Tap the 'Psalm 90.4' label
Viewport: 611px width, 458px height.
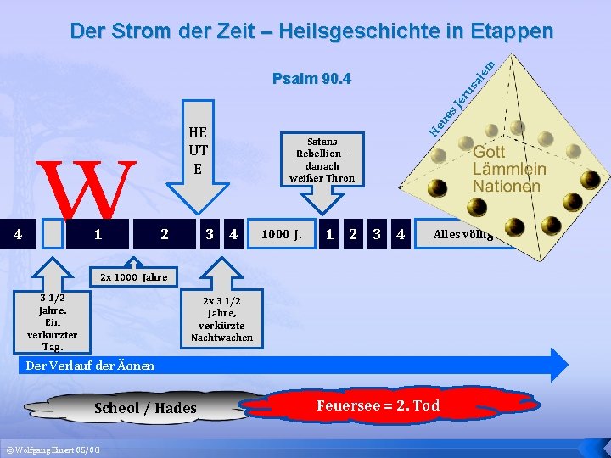click(x=312, y=80)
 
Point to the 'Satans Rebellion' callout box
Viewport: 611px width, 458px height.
click(x=322, y=159)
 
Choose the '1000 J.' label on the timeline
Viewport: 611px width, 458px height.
click(x=282, y=234)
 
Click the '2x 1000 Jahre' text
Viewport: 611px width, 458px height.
click(x=133, y=277)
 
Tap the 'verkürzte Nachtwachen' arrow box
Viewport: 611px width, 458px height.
click(x=221, y=319)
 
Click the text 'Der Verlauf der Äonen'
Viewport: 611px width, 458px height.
click(x=91, y=366)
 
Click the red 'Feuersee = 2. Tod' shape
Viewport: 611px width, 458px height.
click(x=378, y=405)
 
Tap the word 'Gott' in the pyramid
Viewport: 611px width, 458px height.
click(x=489, y=153)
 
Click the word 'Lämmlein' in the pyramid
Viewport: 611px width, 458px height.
click(x=509, y=169)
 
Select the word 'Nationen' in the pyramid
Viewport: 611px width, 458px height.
click(x=507, y=186)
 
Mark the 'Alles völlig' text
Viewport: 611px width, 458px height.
click(x=462, y=234)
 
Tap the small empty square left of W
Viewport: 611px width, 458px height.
click(x=53, y=234)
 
